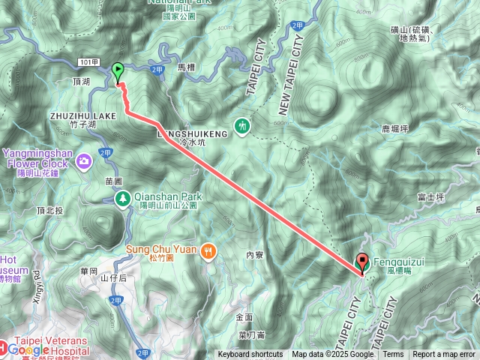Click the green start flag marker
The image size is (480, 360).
118,72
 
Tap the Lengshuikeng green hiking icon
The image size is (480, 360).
242,126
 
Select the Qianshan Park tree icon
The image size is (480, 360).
121,197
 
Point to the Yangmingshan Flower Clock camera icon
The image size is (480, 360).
84,159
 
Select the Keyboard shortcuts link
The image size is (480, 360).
250,355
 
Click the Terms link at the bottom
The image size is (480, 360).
393,355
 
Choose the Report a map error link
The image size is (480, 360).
445,355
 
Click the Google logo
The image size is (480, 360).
28,349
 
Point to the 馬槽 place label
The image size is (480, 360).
187,67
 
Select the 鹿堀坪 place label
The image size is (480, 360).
394,129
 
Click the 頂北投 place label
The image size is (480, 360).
49,211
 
